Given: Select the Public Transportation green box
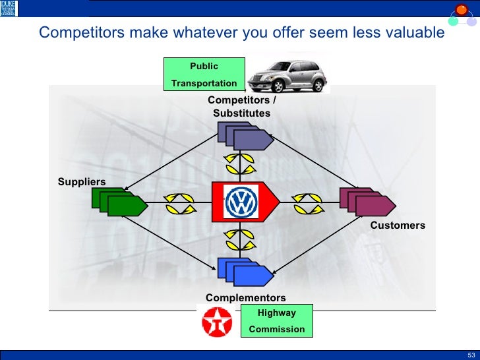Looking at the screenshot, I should coord(204,75).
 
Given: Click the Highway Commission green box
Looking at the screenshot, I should coord(276,321).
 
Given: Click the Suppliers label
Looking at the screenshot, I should coord(81,182).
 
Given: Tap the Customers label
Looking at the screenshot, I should coord(398,225).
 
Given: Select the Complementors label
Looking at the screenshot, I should coord(245,298).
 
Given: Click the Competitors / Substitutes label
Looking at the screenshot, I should coord(241,107).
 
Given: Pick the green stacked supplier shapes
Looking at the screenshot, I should coord(119,202).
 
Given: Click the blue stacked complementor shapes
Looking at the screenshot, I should coord(245,270).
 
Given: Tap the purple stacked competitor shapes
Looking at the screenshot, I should coord(245,136).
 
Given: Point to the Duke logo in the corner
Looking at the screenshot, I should coord(9,9).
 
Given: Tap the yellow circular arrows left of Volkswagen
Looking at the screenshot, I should coord(180,202).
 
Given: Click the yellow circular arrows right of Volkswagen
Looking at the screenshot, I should coord(307,202).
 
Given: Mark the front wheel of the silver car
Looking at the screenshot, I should coord(271,86).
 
